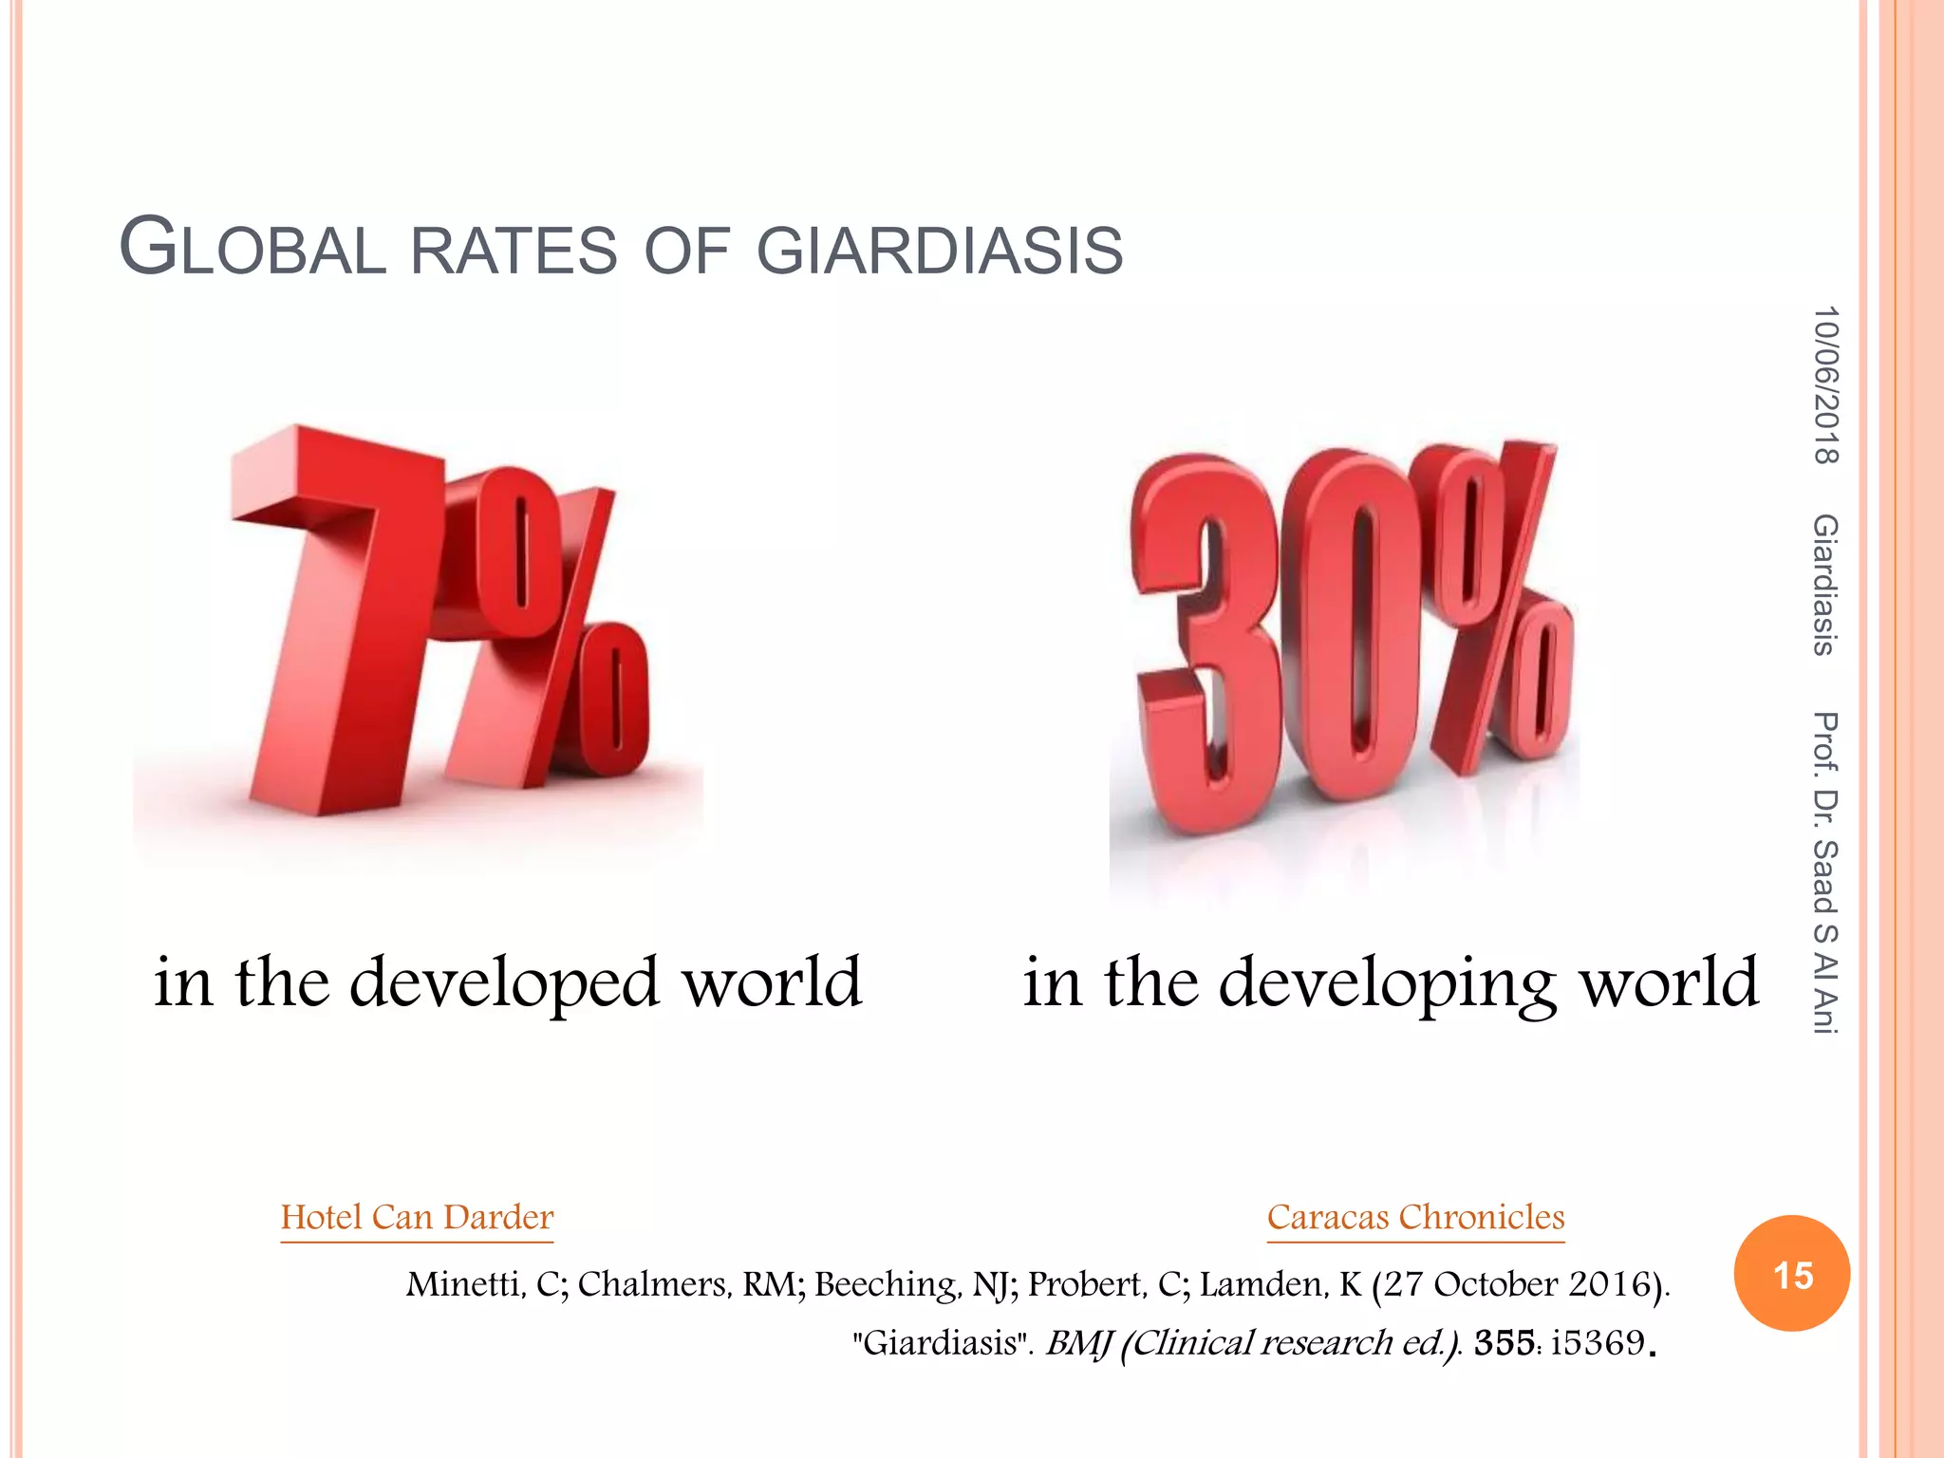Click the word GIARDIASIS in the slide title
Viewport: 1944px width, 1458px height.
point(940,252)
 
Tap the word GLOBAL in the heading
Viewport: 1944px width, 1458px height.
point(252,249)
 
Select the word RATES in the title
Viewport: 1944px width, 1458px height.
point(514,252)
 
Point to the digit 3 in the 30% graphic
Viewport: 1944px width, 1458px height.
point(1201,645)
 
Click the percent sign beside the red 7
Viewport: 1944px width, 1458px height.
point(560,626)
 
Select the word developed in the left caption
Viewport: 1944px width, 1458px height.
point(504,982)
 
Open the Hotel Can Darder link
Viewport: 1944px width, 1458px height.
point(417,1217)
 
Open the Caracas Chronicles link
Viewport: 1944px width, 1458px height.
point(1415,1217)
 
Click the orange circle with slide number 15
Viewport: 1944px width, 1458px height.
point(1792,1274)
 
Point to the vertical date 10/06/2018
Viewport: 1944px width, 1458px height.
point(1825,384)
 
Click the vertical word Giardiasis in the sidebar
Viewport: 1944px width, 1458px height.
point(1825,584)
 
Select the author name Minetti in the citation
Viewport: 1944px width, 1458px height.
point(465,1284)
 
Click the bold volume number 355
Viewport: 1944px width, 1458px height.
point(1504,1343)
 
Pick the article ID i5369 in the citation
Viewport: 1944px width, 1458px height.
point(1598,1343)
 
